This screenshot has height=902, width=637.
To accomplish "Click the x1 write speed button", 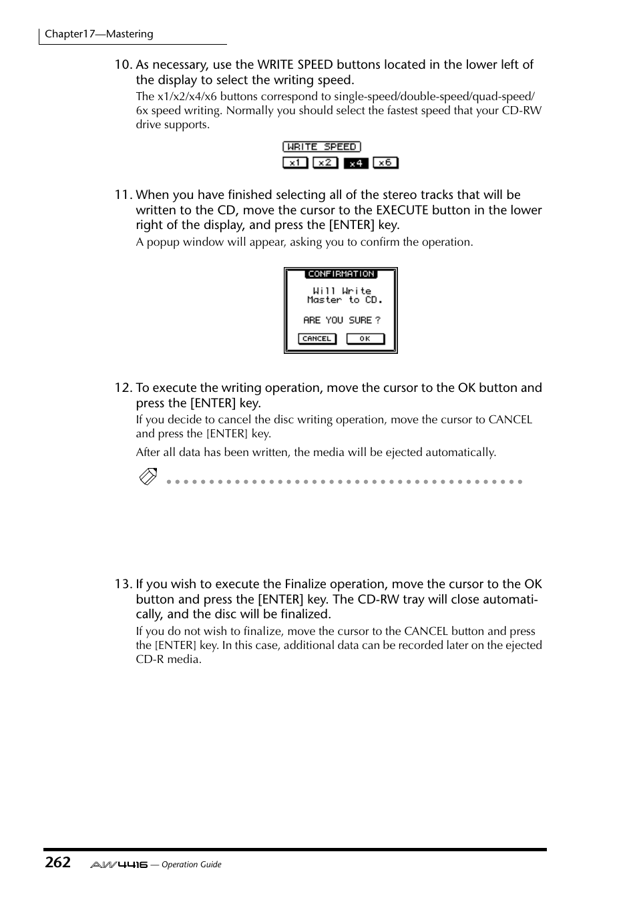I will pos(295,162).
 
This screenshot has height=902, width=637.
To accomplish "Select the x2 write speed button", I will pos(325,162).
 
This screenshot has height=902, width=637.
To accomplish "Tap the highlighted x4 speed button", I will pos(356,162).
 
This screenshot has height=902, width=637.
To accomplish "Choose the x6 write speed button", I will pos(385,162).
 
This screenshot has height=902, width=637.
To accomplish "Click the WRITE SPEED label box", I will pos(321,147).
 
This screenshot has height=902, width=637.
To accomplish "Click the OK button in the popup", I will pos(365,339).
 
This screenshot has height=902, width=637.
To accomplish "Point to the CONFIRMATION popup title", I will pos(341,274).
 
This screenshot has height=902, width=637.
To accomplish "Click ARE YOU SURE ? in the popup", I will pos(341,320).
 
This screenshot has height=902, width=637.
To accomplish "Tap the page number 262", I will pos(58,862).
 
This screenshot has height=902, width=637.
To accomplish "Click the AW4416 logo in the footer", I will pos(119,865).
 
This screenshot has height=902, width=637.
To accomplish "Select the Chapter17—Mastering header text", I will pos(99,34).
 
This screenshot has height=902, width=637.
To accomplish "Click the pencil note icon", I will pos(148,477).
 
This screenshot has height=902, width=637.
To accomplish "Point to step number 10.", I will pos(123,65).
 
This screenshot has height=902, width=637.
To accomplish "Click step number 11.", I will pos(123,195).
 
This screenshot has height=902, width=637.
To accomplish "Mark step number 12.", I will pos(123,388).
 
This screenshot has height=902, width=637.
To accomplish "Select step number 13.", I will pos(123,584).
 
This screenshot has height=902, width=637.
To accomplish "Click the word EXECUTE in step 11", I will pos(402,210).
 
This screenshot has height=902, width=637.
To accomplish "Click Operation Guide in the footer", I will pos(192,865).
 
